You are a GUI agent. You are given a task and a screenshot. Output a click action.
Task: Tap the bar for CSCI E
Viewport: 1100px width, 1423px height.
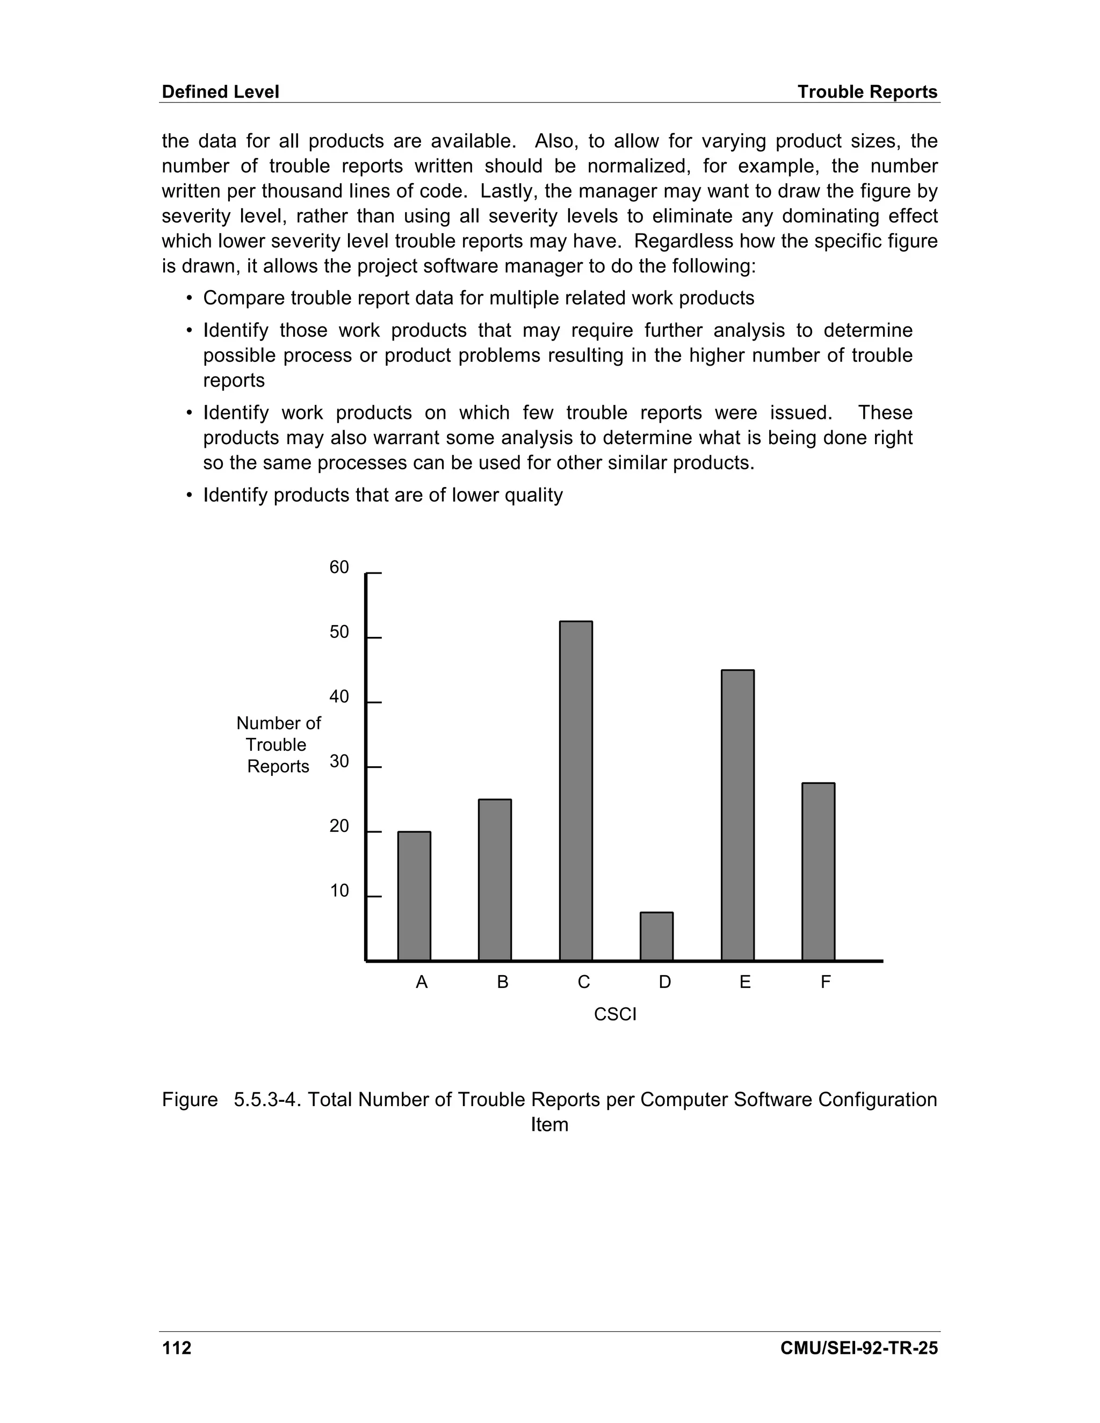click(737, 815)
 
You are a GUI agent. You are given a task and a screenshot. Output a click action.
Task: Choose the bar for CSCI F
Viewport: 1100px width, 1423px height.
click(818, 871)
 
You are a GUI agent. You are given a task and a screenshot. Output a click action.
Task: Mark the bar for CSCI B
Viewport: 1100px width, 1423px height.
click(495, 879)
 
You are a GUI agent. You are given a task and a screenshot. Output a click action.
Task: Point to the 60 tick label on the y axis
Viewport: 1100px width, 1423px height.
click(339, 568)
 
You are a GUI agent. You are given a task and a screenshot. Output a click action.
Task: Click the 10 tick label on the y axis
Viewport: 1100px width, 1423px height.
click(339, 891)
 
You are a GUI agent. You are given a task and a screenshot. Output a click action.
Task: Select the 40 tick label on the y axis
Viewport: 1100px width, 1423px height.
click(339, 696)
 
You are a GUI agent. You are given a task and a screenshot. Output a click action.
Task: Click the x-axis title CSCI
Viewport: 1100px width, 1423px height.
click(614, 1014)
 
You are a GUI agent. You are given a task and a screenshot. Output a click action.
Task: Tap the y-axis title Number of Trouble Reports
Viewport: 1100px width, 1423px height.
click(278, 744)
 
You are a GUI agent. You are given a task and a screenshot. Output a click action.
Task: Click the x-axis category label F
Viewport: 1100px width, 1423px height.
click(825, 982)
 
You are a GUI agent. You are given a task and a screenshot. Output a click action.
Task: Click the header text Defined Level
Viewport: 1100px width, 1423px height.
click(220, 92)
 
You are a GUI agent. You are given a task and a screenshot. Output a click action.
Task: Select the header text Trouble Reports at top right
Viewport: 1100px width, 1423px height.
click(867, 92)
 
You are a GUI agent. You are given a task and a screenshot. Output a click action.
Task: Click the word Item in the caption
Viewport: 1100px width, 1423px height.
click(549, 1124)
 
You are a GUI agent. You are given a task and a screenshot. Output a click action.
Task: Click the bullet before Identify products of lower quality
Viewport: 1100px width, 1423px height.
click(190, 495)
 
